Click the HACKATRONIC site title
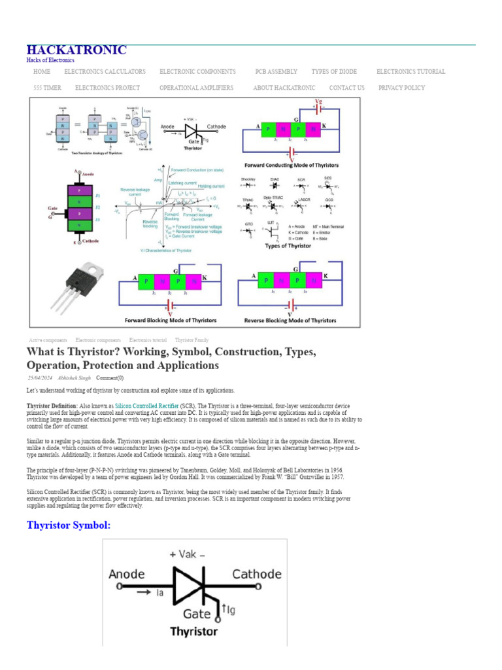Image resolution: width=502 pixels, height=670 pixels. click(76, 50)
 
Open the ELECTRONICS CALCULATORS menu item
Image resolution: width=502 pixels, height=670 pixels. click(105, 72)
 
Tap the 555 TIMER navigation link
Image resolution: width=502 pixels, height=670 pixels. click(47, 88)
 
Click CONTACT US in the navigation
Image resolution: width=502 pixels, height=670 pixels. click(346, 88)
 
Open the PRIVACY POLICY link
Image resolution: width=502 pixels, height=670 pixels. click(401, 88)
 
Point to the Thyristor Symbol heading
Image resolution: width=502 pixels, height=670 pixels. click(69, 525)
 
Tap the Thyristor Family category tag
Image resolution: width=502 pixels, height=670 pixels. click(192, 340)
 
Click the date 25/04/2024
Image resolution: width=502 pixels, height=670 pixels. click(40, 378)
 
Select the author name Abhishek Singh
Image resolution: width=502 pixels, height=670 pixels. click(75, 378)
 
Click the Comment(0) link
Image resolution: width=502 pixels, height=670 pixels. click(109, 378)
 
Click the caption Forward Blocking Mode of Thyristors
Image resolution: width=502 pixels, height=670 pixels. click(171, 321)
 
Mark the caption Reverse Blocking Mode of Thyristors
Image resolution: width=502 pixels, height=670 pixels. click(290, 321)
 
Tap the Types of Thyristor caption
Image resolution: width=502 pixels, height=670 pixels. click(287, 246)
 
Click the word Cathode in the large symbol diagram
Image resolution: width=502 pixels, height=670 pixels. click(257, 574)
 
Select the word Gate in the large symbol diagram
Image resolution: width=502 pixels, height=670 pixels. click(196, 614)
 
